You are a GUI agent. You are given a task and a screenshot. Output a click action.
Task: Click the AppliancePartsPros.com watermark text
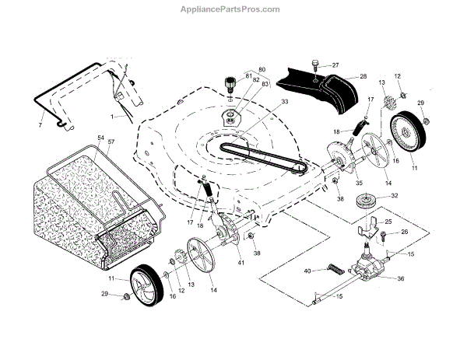click(x=233, y=9)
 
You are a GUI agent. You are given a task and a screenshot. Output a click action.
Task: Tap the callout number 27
click(x=335, y=65)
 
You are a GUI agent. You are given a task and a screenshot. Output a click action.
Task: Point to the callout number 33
click(x=263, y=101)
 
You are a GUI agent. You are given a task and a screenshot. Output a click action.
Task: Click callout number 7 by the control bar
click(x=40, y=124)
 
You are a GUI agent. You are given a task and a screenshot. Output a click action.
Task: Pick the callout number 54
click(x=100, y=138)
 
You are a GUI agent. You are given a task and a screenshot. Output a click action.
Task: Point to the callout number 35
click(x=338, y=183)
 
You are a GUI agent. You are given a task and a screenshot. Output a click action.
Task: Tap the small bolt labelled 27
click(x=316, y=62)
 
